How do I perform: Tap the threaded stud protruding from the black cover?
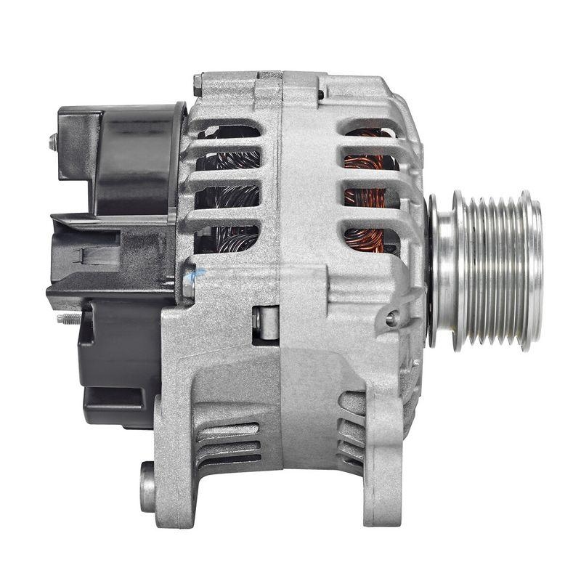[x=68, y=318]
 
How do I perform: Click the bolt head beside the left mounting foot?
[x=147, y=486]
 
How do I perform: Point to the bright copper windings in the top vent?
[x=370, y=138]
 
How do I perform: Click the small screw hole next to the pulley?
[x=392, y=317]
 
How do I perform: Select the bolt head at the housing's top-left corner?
[x=198, y=84]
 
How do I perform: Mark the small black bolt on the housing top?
[x=320, y=94]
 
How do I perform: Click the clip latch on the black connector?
[x=91, y=255]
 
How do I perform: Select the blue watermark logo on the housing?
[x=190, y=275]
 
